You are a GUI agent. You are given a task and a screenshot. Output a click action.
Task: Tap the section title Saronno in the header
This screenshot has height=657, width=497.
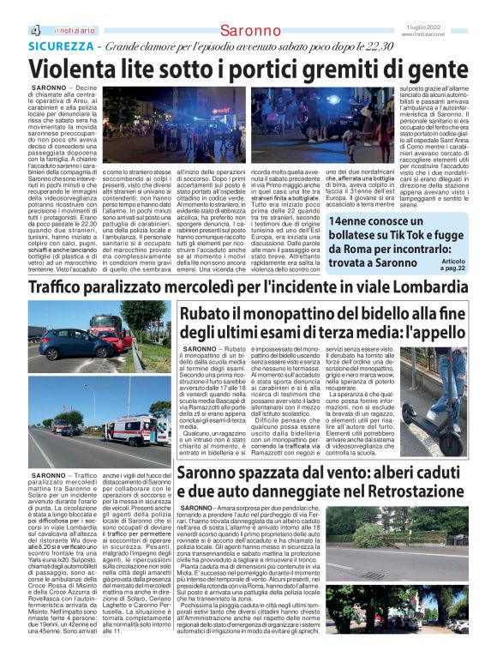point(248,30)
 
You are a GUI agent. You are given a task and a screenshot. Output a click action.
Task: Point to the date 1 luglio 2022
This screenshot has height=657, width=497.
point(458,26)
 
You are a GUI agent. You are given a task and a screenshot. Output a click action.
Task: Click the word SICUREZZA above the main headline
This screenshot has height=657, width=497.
point(57,45)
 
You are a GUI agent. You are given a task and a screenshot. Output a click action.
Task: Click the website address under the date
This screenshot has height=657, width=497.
point(458,34)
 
